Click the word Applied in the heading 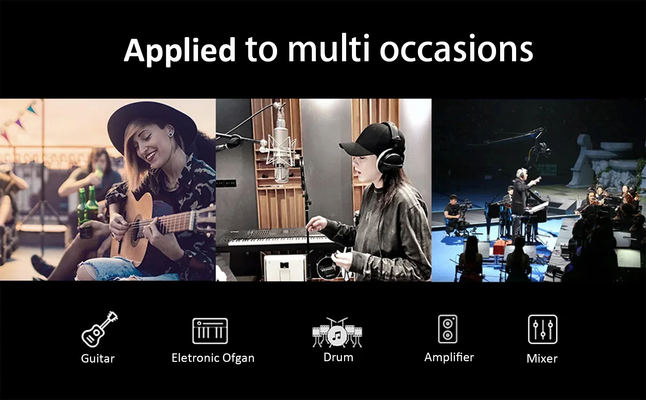[180, 50]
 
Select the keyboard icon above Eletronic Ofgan [210, 331]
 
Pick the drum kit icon [337, 332]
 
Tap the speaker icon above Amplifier [448, 329]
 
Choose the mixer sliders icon [543, 329]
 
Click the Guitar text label [98, 358]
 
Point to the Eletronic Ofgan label [213, 358]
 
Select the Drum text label [338, 357]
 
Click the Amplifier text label [449, 357]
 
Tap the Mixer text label [542, 358]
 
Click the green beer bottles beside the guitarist [88, 211]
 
